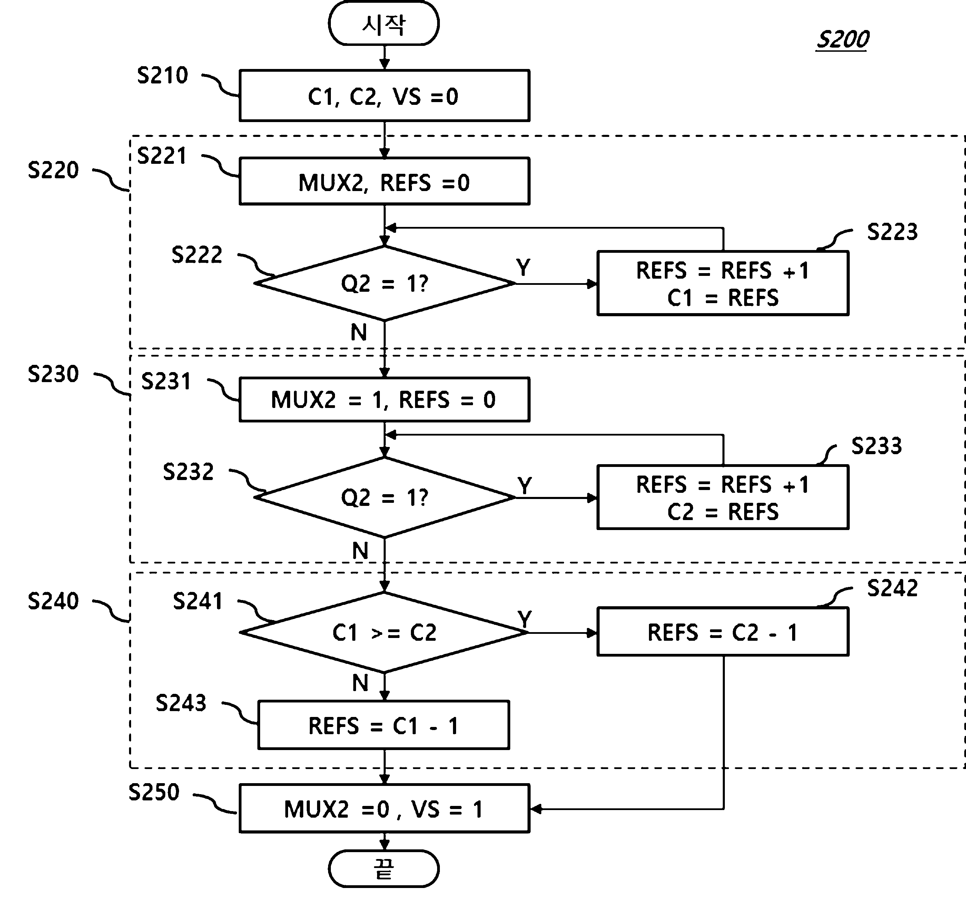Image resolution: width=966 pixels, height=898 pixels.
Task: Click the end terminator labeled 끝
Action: [384, 868]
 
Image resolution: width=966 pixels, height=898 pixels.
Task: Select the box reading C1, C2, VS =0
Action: [384, 96]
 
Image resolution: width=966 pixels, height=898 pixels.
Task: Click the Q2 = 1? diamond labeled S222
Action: [384, 283]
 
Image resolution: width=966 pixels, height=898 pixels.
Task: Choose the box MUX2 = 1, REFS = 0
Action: [384, 400]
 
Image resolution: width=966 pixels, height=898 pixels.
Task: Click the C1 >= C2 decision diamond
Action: [384, 633]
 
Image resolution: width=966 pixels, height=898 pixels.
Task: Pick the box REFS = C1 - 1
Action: [384, 726]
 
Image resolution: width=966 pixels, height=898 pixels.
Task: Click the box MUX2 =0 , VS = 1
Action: [384, 809]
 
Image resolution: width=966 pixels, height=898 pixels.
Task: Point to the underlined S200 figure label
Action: [842, 39]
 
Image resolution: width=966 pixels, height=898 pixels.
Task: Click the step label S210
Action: [162, 75]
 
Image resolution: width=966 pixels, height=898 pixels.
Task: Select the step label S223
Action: [893, 232]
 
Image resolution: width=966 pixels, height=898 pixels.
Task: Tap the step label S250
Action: [154, 792]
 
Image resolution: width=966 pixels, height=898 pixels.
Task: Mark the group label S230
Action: [53, 374]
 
